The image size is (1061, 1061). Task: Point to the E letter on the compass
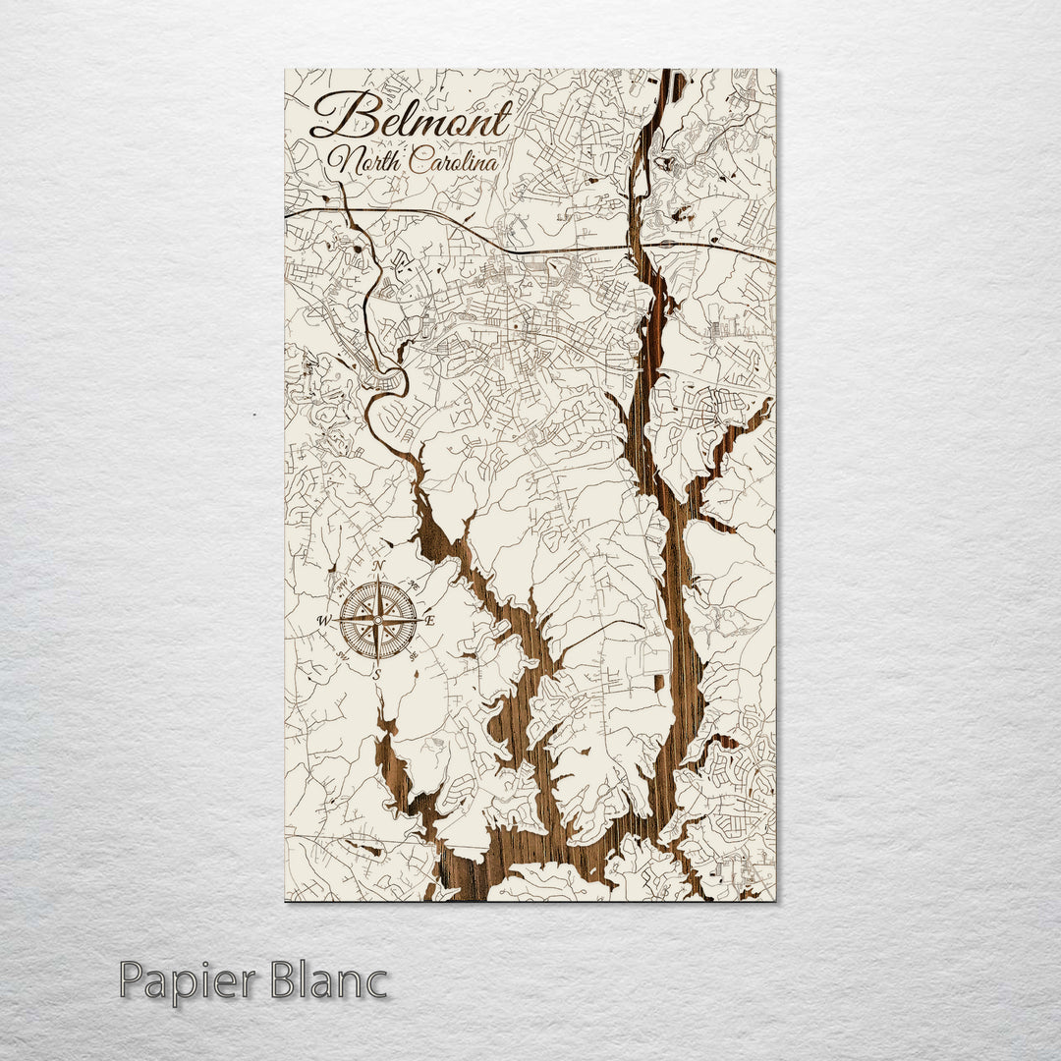click(430, 620)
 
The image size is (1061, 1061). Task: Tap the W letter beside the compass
click(324, 621)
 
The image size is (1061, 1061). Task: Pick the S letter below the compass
click(377, 674)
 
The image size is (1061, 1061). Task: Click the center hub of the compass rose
click(378, 620)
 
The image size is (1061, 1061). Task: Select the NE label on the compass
click(416, 586)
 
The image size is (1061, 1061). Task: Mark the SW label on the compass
click(342, 655)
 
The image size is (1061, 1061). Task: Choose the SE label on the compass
click(415, 655)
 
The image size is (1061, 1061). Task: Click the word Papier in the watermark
click(185, 981)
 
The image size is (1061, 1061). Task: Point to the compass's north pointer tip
click(378, 577)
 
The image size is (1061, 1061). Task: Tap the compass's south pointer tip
click(378, 663)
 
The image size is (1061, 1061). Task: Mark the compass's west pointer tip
click(335, 620)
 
